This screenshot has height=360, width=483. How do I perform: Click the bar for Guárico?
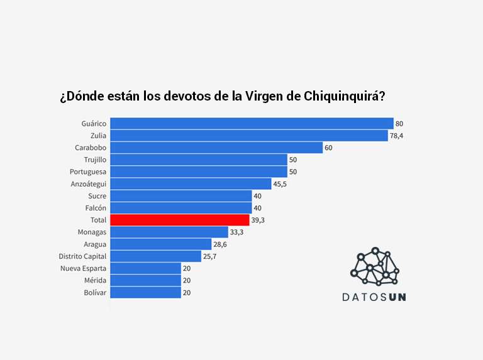252,124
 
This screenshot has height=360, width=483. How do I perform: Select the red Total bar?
180,220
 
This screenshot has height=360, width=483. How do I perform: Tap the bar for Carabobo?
216,148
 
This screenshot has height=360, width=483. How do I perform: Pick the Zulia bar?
249,136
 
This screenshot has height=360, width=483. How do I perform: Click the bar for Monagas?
169,232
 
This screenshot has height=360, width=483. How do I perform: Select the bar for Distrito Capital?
155,256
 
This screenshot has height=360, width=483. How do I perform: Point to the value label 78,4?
396,136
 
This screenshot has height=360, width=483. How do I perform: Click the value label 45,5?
280,184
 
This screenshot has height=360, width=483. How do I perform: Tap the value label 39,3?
258,221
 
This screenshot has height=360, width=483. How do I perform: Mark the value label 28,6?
219,244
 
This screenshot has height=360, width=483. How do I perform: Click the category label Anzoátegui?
89,184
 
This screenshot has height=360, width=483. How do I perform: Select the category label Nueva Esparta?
83,268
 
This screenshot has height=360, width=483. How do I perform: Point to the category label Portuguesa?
88,172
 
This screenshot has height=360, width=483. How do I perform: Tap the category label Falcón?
95,208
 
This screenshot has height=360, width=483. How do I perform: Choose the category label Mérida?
95,280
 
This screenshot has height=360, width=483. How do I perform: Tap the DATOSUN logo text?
374,297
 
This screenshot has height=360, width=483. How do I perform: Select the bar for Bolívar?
146,293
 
